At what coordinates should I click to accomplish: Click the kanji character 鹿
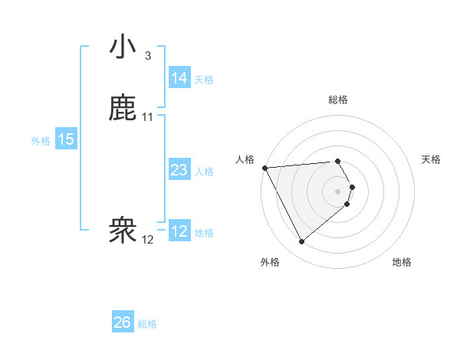(123, 108)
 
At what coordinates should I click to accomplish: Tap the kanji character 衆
(123, 231)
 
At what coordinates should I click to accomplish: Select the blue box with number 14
(179, 78)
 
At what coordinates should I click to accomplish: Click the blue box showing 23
(179, 170)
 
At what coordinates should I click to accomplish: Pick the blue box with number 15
(65, 139)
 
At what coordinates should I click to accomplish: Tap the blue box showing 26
(122, 322)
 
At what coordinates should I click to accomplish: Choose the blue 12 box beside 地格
(179, 231)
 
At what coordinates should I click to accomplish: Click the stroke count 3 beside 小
(147, 56)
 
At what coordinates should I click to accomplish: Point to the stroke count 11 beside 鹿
(148, 117)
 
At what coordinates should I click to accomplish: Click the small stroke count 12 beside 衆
(148, 240)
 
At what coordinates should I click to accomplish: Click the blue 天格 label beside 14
(204, 80)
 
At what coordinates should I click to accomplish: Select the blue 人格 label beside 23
(204, 172)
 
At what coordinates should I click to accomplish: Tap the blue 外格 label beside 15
(41, 141)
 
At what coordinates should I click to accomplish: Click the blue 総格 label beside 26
(147, 324)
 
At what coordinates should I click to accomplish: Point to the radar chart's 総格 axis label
(338, 100)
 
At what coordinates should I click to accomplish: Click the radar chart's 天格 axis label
(432, 159)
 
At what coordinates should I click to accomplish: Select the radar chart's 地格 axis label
(402, 262)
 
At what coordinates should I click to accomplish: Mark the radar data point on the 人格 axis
(264, 168)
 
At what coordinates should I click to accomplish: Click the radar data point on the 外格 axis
(301, 242)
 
